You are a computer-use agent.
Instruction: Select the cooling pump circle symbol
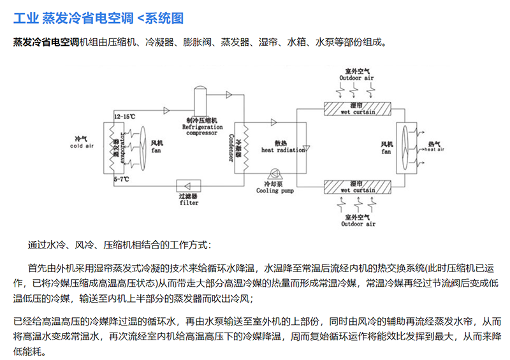coord(276,175)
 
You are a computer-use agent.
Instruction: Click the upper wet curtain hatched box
coord(358,108)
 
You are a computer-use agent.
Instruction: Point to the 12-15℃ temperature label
coord(125,117)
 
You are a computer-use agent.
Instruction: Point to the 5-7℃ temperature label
coord(121,181)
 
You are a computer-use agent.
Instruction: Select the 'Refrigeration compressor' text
coord(201,130)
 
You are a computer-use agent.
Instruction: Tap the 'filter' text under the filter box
coord(189,203)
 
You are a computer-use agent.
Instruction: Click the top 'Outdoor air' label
coord(358,77)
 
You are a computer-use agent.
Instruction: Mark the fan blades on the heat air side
coord(403,147)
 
